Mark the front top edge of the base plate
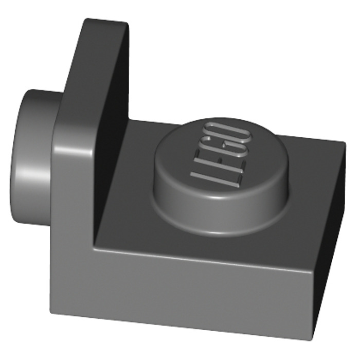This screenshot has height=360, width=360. point(206,254)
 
